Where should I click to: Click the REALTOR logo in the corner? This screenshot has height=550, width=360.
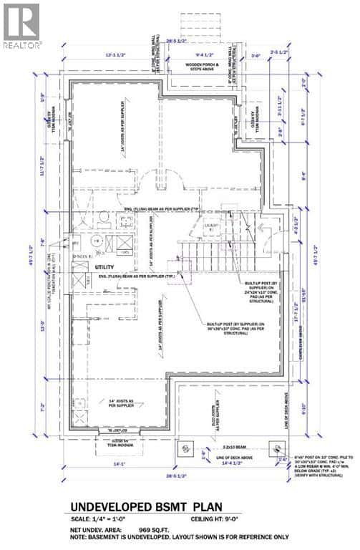tap(22, 25)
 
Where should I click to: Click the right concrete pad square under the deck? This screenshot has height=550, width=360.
tap(274, 447)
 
